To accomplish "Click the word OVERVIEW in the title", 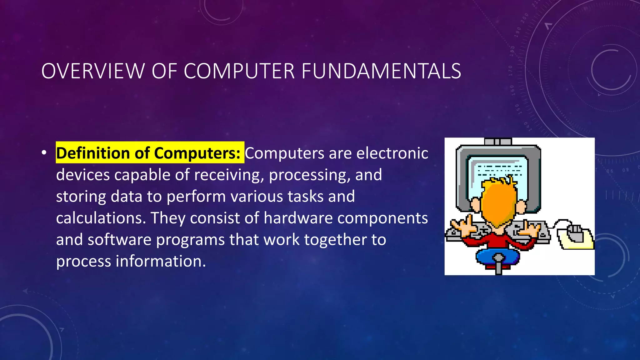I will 93,71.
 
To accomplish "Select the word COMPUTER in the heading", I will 239,71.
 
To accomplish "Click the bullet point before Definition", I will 44,153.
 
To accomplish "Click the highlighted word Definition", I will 93,153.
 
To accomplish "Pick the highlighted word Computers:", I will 197,153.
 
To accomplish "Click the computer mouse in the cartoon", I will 575,233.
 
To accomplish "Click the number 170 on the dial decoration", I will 510,71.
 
